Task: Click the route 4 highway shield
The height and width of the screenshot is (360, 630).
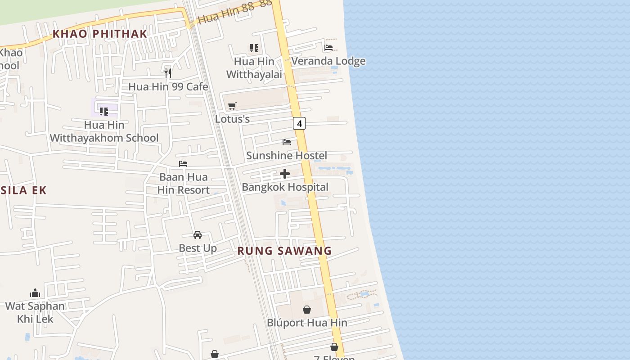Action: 299,123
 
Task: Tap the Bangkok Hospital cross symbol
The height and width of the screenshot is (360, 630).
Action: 285,174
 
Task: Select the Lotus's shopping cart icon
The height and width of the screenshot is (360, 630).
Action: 232,106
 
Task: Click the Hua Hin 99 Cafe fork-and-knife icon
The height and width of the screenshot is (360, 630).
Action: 168,73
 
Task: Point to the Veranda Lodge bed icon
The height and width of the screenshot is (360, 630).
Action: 328,48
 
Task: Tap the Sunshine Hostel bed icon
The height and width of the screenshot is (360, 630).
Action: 287,142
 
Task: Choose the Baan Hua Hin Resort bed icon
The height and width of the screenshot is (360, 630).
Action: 183,164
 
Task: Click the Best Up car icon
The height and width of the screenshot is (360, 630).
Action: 198,235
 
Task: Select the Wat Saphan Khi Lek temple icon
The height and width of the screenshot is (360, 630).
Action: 35,293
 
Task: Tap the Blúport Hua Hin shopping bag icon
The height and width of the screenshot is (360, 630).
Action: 307,310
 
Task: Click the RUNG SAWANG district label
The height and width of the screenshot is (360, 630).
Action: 284,251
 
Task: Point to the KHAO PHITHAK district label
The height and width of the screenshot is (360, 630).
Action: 100,34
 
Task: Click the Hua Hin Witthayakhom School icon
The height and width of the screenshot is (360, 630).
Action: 104,111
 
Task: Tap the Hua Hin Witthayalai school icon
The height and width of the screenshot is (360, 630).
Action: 254,48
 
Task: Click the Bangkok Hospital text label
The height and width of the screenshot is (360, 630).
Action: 285,187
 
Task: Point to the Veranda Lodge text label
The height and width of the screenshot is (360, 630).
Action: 328,61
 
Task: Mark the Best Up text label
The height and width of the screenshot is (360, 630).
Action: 198,248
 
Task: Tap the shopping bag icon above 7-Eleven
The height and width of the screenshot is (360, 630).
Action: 334,347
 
